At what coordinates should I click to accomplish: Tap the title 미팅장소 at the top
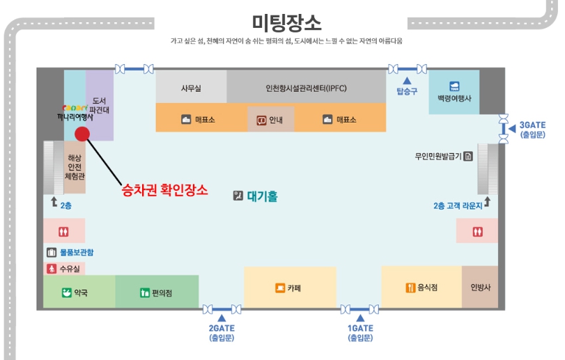(x=286, y=23)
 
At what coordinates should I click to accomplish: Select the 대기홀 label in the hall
(x=262, y=196)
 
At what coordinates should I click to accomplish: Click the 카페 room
(x=289, y=287)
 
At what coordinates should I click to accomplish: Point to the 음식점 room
(x=421, y=287)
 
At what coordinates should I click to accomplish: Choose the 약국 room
(x=79, y=292)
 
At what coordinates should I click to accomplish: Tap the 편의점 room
(x=157, y=292)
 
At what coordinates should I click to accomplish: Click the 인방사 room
(x=480, y=287)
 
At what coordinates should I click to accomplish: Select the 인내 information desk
(x=270, y=120)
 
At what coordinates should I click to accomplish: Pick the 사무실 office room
(x=191, y=88)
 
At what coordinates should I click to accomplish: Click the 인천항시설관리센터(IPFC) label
(x=306, y=88)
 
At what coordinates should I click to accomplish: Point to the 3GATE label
(x=532, y=126)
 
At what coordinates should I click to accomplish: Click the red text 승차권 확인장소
(x=164, y=189)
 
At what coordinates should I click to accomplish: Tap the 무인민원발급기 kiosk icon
(x=468, y=155)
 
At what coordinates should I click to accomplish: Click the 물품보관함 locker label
(x=77, y=252)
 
